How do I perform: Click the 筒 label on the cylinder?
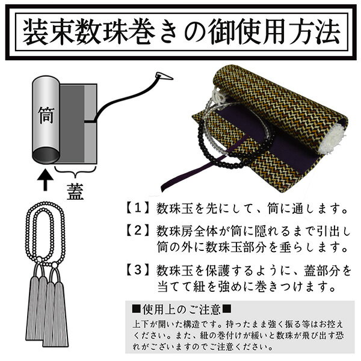[46, 115]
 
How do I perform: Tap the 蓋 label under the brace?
[75, 191]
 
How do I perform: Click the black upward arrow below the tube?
[45, 180]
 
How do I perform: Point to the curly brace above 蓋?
[75, 171]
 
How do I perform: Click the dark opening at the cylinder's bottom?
[46, 156]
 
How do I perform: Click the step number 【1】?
[137, 208]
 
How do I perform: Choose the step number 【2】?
[137, 230]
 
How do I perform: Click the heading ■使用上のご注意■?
[182, 309]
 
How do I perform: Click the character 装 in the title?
[36, 32]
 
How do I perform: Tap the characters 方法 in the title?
[313, 32]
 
